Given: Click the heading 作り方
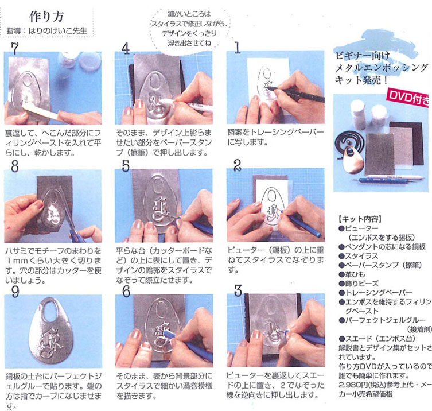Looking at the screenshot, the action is click(x=46, y=17).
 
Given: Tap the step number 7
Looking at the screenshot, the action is click(x=15, y=49).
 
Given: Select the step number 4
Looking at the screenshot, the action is click(x=126, y=48).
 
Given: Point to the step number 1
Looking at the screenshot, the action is click(x=237, y=47).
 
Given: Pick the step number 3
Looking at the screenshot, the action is click(x=238, y=290).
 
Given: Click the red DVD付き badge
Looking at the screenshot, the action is click(x=409, y=98).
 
